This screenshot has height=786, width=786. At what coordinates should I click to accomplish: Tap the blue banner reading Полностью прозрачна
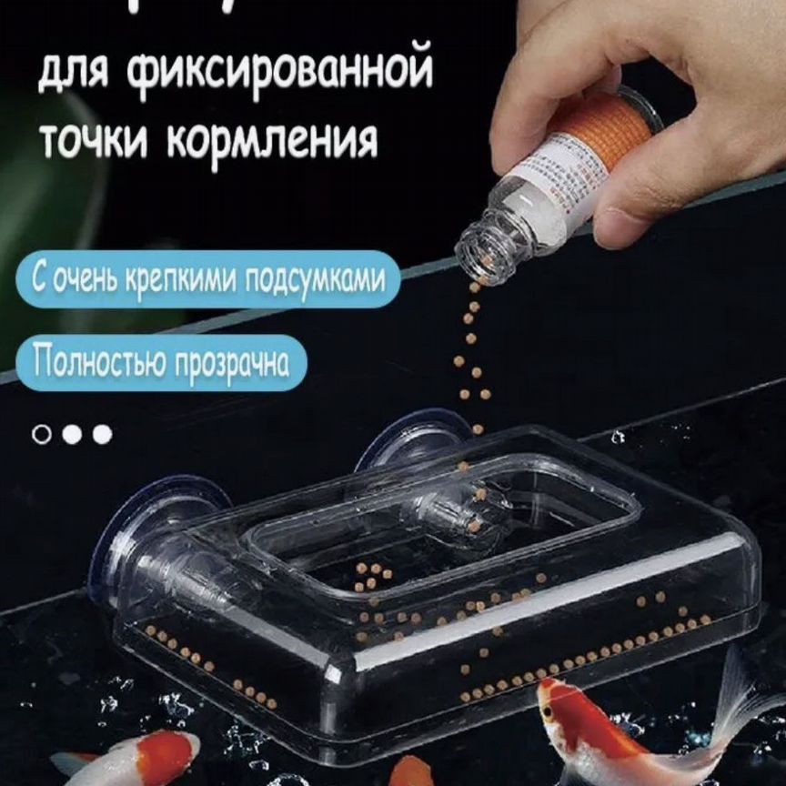[x=161, y=363]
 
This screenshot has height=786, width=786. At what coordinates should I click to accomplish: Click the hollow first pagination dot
[x=42, y=434]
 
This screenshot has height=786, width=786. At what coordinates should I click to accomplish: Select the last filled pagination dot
[x=102, y=434]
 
